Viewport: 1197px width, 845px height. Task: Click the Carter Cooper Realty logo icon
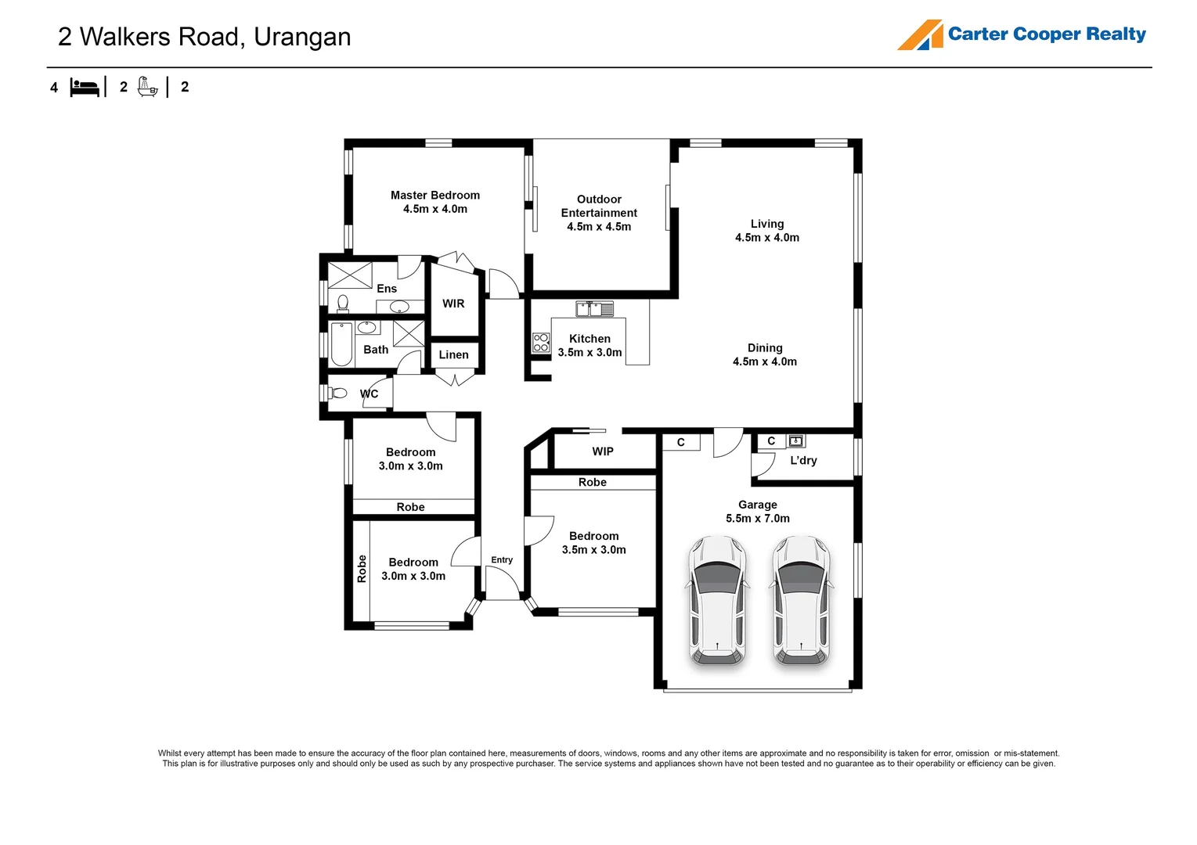(x=920, y=35)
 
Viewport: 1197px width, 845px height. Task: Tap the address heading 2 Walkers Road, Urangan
(x=204, y=37)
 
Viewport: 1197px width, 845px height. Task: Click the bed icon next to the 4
(x=85, y=87)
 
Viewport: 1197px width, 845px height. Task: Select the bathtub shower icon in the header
(x=147, y=87)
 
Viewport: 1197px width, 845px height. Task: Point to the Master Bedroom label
(x=435, y=196)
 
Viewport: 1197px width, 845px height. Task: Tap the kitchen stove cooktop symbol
(x=541, y=343)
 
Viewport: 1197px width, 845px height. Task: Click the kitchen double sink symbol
(x=595, y=309)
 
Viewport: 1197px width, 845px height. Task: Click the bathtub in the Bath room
(x=341, y=344)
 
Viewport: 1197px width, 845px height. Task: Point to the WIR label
(x=453, y=304)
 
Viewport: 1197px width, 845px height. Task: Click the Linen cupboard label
(x=453, y=354)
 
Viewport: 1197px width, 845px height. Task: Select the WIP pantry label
(x=603, y=451)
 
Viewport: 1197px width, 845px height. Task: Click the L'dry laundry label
(x=803, y=460)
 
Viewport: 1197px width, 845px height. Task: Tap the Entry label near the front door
(x=502, y=560)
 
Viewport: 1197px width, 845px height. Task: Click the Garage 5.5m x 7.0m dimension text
(x=757, y=519)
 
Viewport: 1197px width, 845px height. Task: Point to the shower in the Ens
(x=350, y=275)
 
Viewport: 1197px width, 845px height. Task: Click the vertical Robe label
(x=362, y=569)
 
